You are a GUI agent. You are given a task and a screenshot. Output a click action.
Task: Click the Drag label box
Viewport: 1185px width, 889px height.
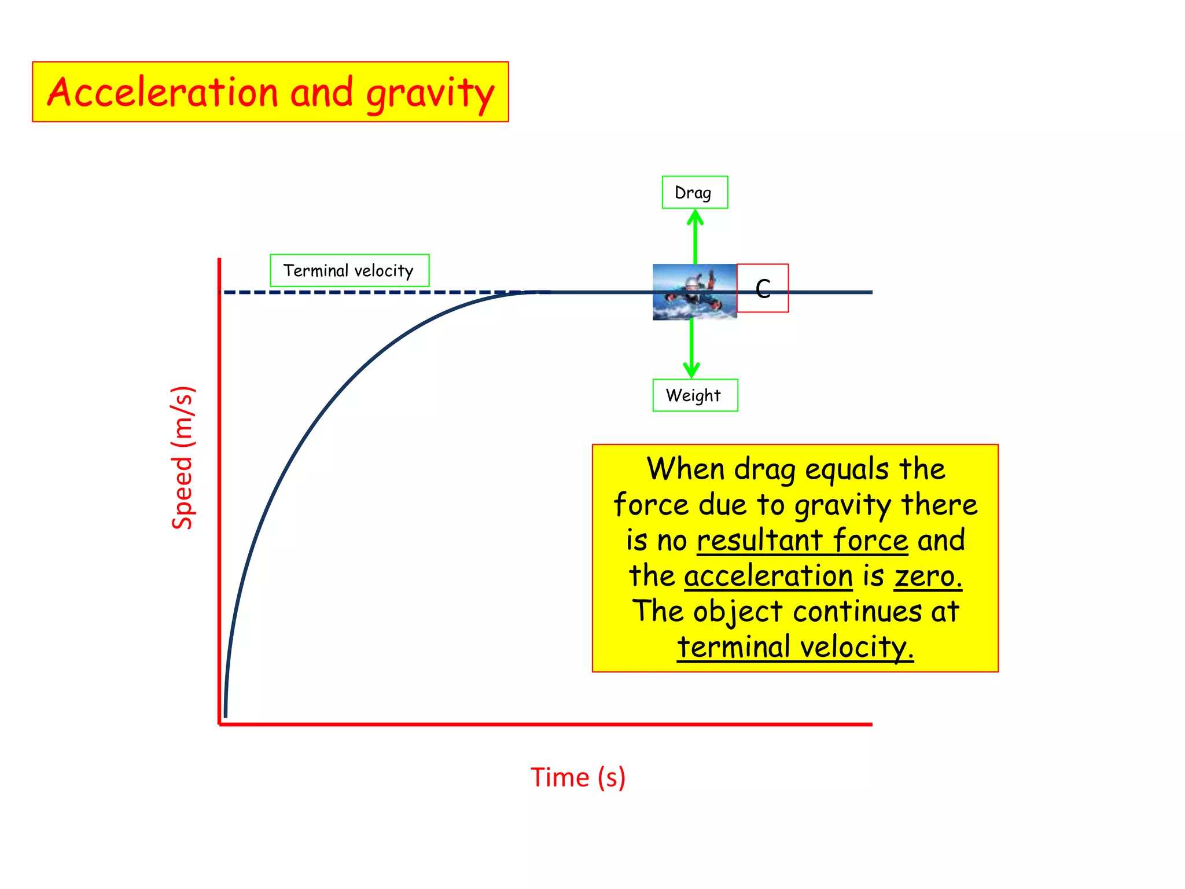694,192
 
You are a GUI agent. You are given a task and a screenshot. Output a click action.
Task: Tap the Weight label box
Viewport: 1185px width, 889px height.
694,395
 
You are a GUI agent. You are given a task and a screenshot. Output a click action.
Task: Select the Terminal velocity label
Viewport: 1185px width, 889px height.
349,270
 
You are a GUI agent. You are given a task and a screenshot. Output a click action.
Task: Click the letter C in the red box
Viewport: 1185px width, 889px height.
763,288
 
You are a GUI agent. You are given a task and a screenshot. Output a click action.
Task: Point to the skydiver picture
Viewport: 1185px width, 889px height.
694,292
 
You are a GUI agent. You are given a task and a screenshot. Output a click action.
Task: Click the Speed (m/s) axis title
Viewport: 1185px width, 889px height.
182,457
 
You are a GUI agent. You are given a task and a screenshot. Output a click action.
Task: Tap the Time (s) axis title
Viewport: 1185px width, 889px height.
577,777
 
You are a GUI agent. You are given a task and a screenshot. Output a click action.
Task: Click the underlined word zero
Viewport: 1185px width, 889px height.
928,576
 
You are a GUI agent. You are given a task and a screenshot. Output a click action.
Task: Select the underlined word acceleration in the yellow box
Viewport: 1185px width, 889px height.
768,576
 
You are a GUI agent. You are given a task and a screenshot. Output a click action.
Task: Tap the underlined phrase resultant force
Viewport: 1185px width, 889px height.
802,541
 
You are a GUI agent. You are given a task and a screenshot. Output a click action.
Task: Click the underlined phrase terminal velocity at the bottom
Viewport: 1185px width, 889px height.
795,647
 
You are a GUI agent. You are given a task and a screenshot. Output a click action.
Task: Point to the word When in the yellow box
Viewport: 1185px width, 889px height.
685,469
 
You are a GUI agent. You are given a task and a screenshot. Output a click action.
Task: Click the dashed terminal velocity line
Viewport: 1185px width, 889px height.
370,292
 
